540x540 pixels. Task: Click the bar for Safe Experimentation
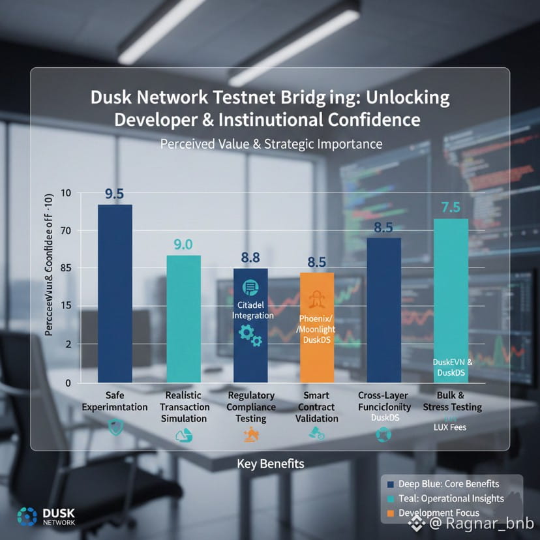click(x=115, y=293)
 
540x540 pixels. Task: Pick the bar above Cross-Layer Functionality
click(x=383, y=310)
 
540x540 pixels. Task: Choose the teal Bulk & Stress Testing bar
click(x=451, y=300)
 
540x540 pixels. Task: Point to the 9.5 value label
click(x=115, y=194)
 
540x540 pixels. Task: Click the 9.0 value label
click(x=183, y=245)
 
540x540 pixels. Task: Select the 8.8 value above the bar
click(x=250, y=258)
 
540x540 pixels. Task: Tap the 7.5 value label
click(x=451, y=207)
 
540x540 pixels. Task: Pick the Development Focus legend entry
click(x=438, y=513)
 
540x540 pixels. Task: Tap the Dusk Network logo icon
click(x=27, y=516)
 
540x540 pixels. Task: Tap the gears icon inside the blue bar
click(x=248, y=334)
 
